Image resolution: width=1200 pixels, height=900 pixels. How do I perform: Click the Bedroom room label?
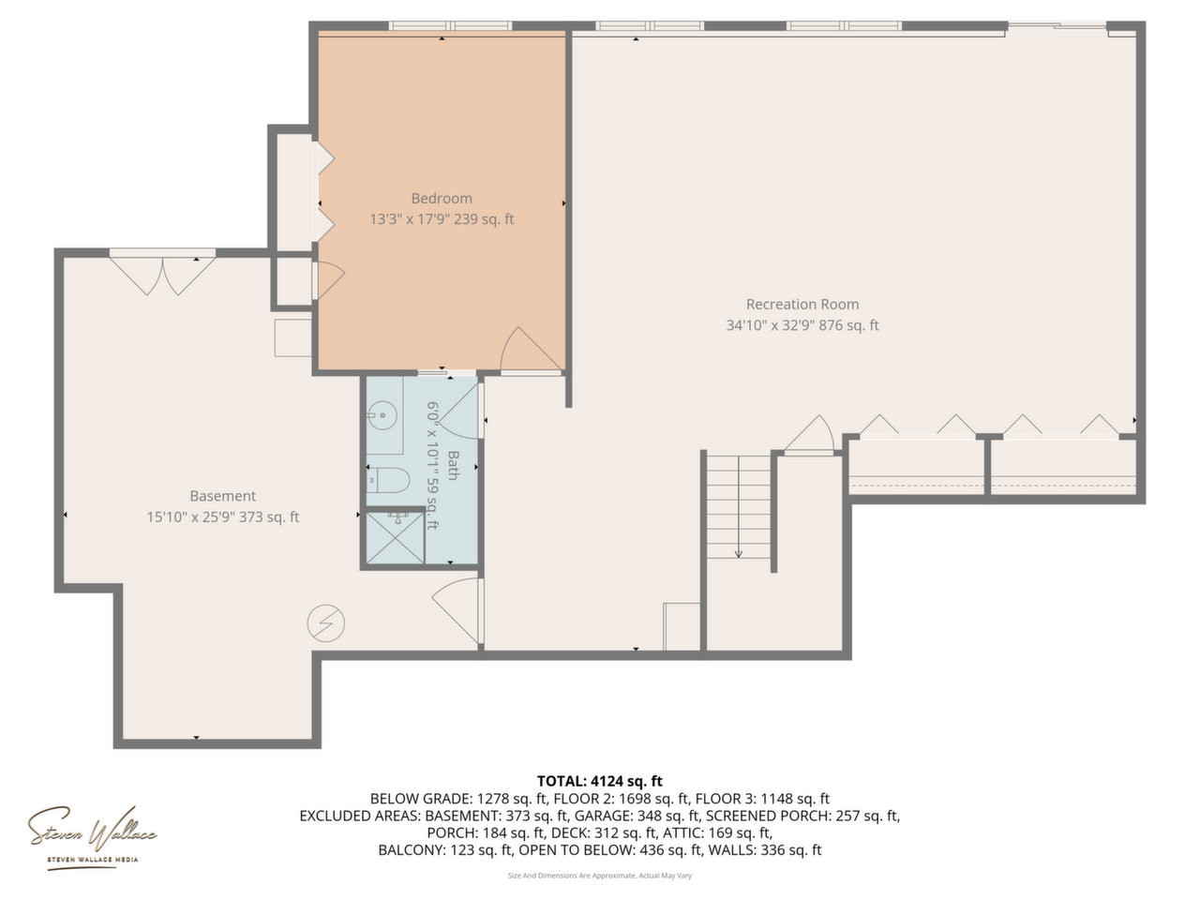click(442, 199)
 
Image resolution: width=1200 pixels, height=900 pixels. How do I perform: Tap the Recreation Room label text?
click(802, 305)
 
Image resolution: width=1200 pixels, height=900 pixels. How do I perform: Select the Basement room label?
click(222, 496)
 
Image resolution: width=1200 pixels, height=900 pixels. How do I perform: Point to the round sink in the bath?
click(382, 415)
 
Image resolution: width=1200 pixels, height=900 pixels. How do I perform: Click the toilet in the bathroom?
click(389, 480)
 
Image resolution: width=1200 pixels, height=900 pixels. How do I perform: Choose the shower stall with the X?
click(395, 538)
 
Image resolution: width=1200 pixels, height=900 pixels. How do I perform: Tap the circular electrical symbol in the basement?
click(326, 622)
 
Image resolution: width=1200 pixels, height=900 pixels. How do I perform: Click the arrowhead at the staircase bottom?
click(738, 554)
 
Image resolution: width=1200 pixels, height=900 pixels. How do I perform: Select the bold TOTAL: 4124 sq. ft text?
click(599, 781)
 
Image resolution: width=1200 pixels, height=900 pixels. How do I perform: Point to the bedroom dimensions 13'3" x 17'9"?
click(410, 219)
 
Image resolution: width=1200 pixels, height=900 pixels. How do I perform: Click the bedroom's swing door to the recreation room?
click(531, 350)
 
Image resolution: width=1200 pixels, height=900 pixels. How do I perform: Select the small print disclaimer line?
click(600, 876)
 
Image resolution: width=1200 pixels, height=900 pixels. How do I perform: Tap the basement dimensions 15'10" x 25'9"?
click(191, 517)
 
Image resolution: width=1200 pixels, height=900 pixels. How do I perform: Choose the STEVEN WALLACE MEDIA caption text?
click(93, 860)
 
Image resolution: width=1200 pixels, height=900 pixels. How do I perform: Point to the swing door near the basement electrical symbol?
click(457, 610)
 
